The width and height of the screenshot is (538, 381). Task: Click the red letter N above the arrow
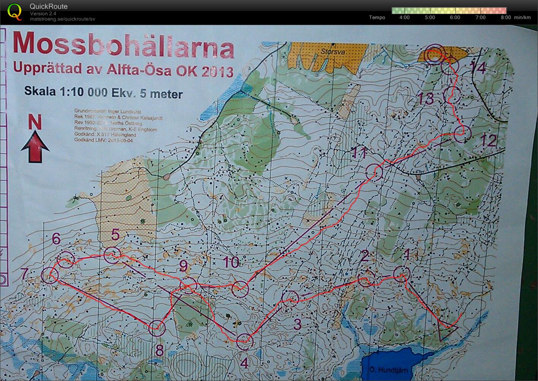click(35, 122)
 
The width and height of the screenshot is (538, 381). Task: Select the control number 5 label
click(116, 235)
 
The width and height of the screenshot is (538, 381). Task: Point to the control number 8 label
click(159, 350)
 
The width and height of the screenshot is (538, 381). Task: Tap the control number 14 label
click(478, 68)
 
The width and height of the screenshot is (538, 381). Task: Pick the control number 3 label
click(297, 324)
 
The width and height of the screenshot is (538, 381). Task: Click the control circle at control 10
click(240, 289)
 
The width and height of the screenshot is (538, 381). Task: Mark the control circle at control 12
click(462, 134)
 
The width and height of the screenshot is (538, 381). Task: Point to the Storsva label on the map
click(329, 51)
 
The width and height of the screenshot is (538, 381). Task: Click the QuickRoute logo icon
click(15, 11)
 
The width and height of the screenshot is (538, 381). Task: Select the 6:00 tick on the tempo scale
click(455, 17)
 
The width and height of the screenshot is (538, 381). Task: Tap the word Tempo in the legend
click(377, 17)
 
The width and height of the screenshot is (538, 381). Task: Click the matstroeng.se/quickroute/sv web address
click(62, 19)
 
